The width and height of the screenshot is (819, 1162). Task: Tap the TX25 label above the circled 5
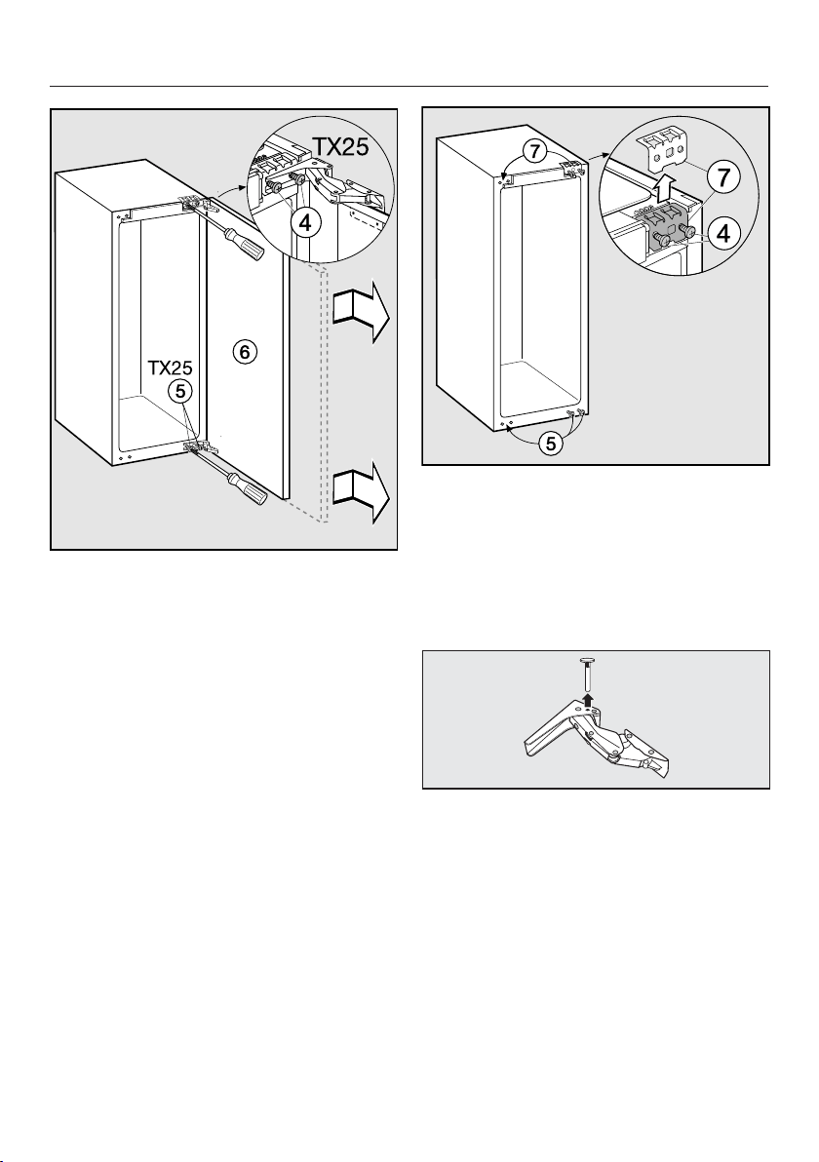coord(172,368)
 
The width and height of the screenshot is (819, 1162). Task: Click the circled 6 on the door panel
coord(245,352)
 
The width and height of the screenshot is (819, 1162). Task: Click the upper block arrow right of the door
coord(360,311)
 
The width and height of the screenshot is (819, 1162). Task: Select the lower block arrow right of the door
coord(360,493)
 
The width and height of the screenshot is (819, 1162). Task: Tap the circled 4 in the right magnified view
coord(721,233)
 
